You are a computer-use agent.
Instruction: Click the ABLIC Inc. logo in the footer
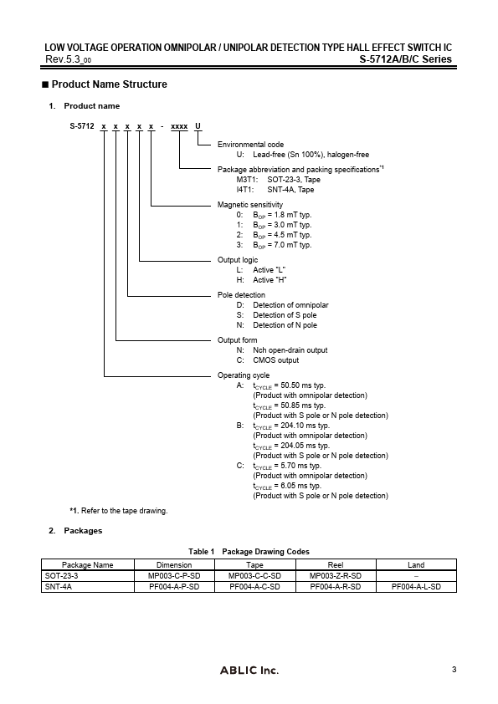(249, 671)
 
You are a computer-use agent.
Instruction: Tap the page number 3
(453, 669)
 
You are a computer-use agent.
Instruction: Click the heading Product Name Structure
(109, 84)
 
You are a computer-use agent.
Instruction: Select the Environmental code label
(250, 145)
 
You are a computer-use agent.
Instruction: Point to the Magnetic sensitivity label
(250, 205)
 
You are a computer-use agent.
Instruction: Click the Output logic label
(238, 260)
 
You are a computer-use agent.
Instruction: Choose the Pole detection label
(241, 295)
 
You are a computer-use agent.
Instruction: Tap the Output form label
(238, 340)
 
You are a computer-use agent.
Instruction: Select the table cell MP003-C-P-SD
(168, 576)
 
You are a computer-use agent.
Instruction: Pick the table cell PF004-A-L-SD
(416, 587)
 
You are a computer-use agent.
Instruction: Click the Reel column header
(335, 564)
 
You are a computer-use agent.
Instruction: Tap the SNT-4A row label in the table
(57, 587)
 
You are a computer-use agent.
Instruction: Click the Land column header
(416, 564)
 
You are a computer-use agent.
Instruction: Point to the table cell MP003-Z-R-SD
(335, 576)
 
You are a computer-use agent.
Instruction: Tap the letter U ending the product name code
(198, 125)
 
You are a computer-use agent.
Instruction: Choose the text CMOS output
(275, 360)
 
